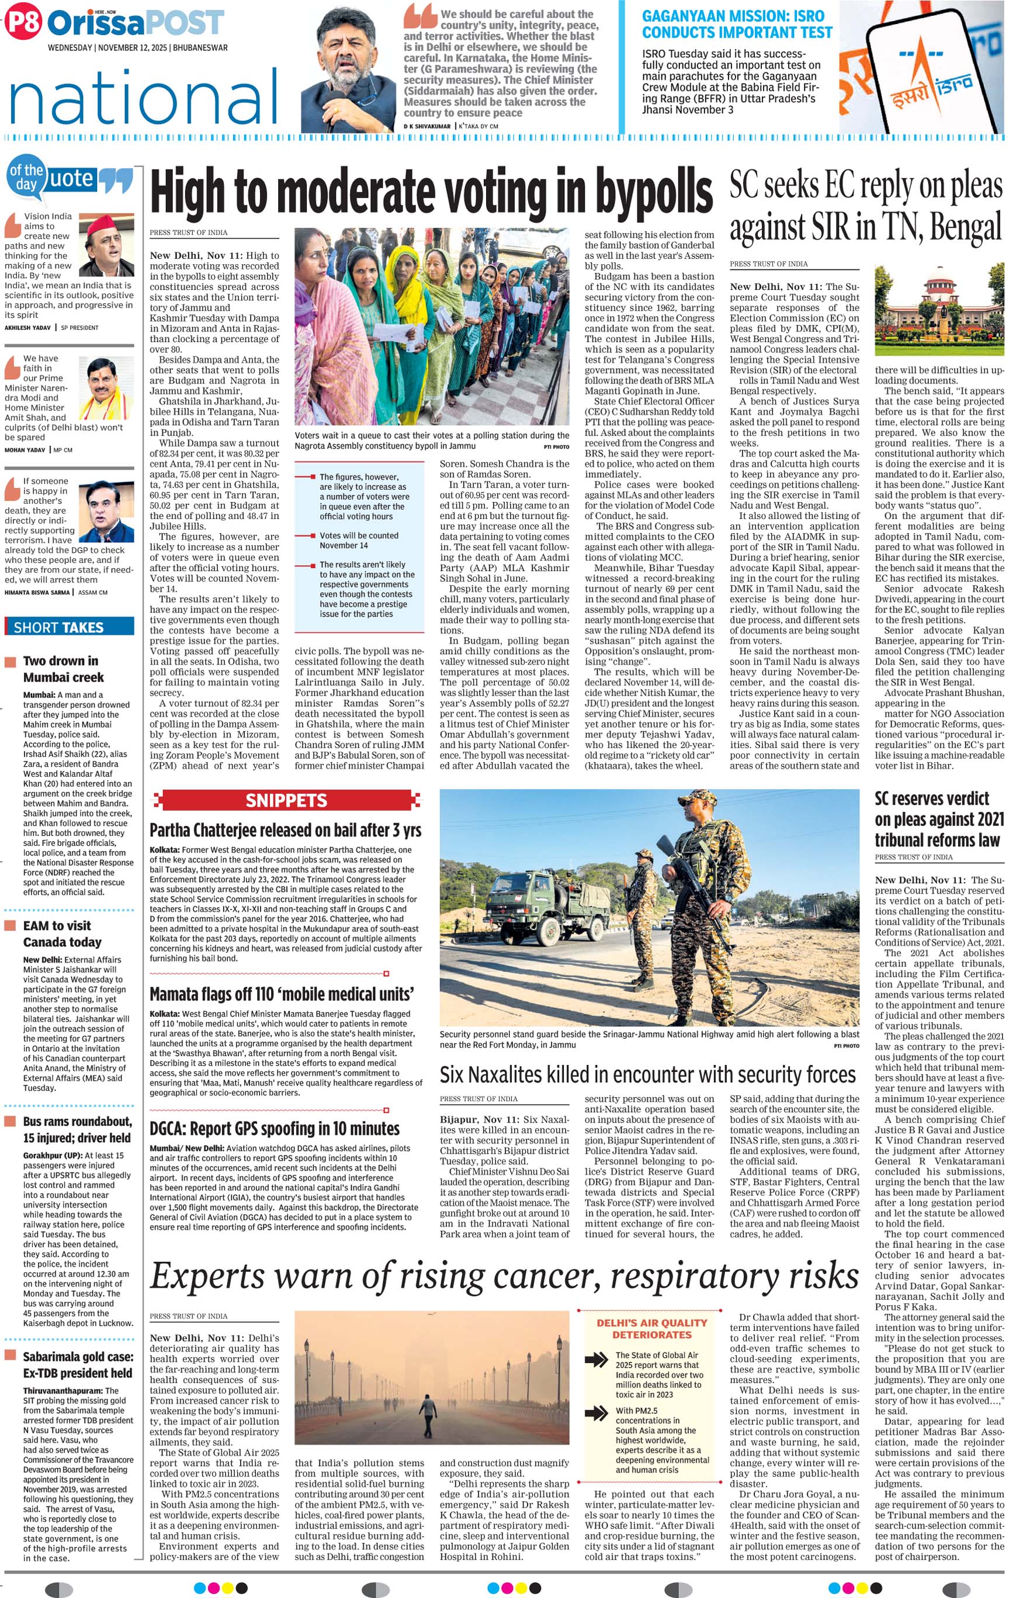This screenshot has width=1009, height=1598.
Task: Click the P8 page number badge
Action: click(23, 23)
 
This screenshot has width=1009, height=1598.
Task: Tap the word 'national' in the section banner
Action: click(143, 99)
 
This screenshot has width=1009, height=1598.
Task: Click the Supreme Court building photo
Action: click(939, 313)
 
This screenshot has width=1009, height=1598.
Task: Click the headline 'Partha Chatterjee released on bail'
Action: click(285, 829)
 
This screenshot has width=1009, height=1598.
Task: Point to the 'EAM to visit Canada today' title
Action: click(63, 933)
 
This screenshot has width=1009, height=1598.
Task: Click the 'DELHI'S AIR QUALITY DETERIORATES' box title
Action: click(651, 1329)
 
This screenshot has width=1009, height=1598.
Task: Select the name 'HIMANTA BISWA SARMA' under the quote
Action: click(37, 592)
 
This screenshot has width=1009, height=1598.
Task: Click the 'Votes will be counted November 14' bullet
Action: click(359, 540)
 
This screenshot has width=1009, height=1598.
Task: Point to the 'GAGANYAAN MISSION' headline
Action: click(736, 24)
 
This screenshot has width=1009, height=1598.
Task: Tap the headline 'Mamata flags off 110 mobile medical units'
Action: click(282, 994)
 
